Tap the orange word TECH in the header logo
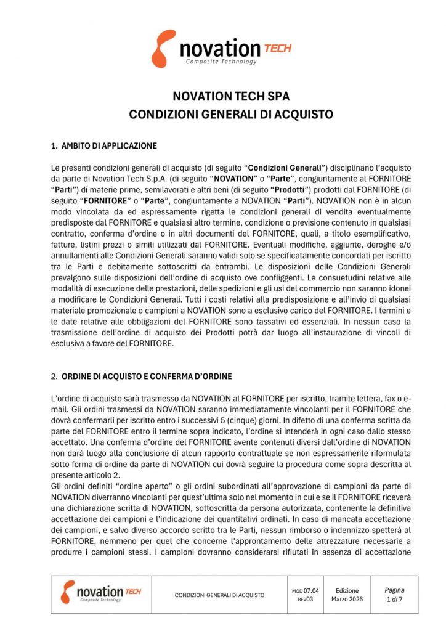click(x=277, y=47)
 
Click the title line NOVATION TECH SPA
click(x=222, y=97)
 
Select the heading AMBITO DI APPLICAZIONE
click(x=109, y=146)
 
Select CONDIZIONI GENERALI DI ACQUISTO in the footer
click(x=219, y=595)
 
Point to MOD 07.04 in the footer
click(x=306, y=590)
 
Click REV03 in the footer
click(x=306, y=599)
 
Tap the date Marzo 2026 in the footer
click(x=347, y=599)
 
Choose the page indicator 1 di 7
click(x=394, y=599)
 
